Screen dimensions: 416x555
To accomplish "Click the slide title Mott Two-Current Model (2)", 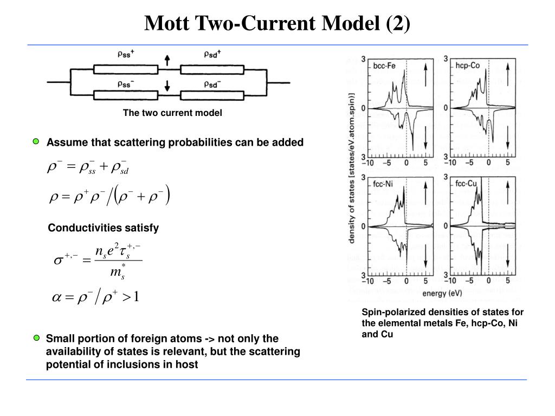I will [277, 23].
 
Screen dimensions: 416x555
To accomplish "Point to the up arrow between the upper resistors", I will [167, 60].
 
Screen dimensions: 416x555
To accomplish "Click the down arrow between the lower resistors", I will [167, 85].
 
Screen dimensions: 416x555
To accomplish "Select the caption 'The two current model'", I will [172, 113].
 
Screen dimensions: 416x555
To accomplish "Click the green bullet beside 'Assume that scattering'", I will [36, 142].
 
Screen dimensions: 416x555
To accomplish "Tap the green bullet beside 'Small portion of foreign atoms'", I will [36, 339].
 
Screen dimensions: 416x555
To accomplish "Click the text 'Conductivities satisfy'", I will [104, 228].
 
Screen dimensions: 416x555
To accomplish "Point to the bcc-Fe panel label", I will [384, 66].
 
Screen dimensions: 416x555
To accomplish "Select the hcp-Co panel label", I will [467, 66].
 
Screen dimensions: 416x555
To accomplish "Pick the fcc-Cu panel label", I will [466, 184].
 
